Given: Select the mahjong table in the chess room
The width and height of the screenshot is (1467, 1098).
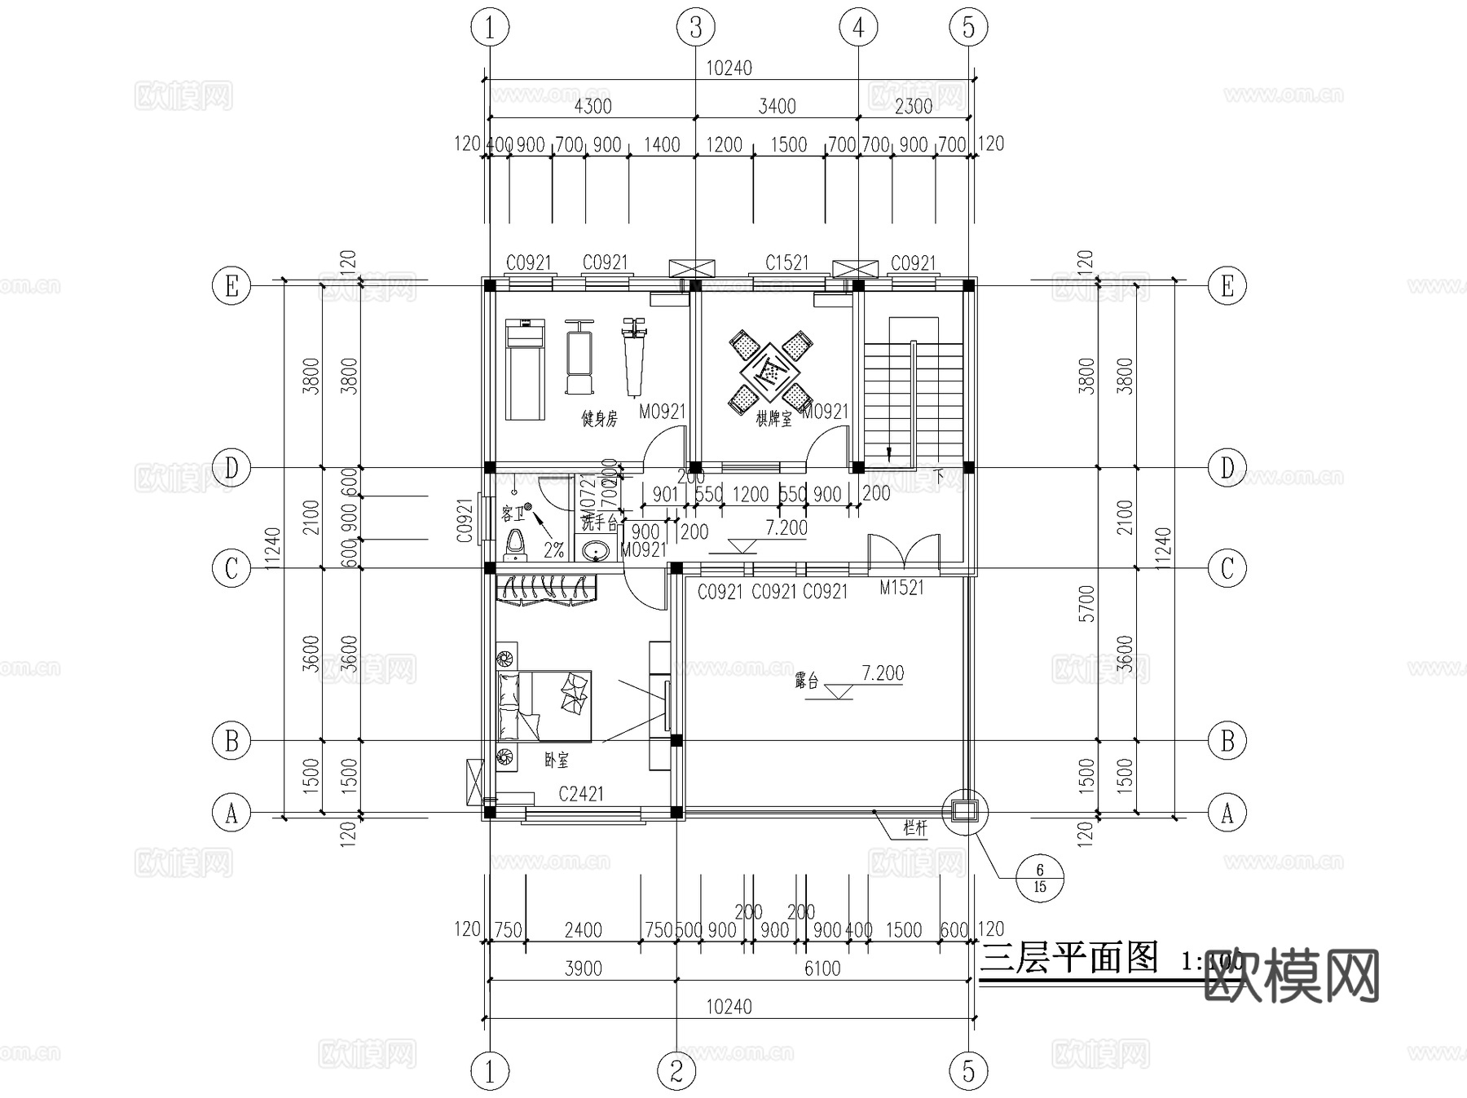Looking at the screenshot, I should tap(769, 372).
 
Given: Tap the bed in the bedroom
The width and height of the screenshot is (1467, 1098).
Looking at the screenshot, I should tap(544, 706).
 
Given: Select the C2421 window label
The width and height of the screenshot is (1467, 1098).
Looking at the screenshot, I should tap(580, 793).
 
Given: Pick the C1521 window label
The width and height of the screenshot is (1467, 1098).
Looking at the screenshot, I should tap(786, 262).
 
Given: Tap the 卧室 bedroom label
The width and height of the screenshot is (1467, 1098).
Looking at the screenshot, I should tap(557, 761).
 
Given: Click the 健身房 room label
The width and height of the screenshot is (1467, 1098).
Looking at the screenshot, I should tap(599, 419).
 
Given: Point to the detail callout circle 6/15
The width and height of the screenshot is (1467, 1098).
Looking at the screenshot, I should tap(1039, 879).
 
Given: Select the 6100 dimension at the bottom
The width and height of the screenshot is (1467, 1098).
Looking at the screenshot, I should tap(822, 968).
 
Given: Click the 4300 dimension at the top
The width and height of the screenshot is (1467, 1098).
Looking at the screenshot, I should tap(593, 106).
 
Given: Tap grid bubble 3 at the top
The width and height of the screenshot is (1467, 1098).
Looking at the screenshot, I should tap(695, 28).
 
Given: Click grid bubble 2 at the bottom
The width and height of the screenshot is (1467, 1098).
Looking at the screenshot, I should tap(676, 1070).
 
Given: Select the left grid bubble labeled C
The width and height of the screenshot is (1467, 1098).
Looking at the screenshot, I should tap(231, 568).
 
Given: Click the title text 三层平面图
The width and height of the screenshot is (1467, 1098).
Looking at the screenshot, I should tap(1069, 959).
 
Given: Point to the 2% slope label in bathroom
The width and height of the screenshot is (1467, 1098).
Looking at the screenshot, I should tap(553, 551).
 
